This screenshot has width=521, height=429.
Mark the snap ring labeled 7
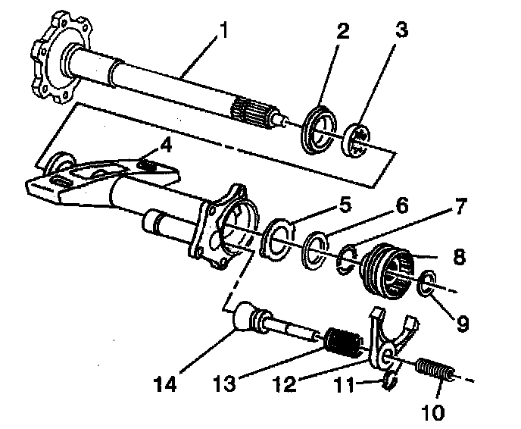(x=348, y=258)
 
